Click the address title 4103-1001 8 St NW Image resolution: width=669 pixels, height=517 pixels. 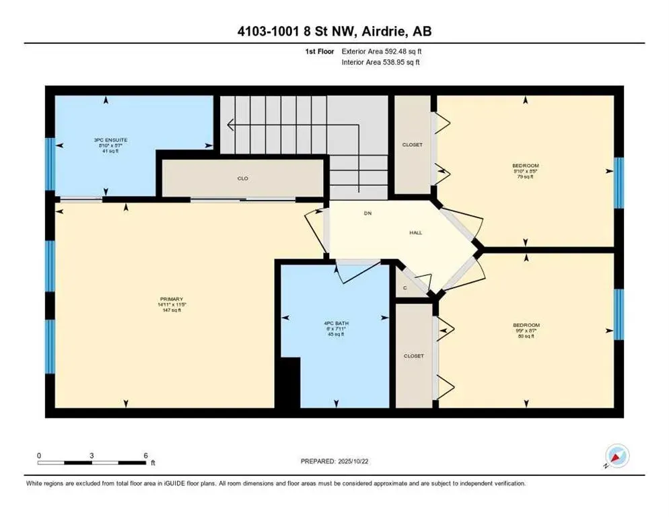point(334,32)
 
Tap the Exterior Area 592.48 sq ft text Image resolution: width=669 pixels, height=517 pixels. point(382,51)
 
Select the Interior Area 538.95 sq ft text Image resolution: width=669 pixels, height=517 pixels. point(381,62)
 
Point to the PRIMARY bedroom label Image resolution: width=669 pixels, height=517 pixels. point(172,299)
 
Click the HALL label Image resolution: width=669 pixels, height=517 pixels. point(416,232)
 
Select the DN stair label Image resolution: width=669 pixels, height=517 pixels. point(367,213)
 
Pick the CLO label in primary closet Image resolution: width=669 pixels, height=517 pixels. point(243,178)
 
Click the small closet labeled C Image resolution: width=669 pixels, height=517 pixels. point(404,288)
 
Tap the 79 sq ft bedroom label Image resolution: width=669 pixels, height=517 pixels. point(526,171)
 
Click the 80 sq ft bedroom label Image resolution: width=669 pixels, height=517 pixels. point(525,331)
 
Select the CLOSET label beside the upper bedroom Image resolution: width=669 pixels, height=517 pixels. point(412,144)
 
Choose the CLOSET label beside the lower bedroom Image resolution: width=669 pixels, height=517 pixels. point(413,356)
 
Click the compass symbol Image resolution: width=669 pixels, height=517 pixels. point(617,456)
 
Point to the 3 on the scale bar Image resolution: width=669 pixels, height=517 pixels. point(91,456)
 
